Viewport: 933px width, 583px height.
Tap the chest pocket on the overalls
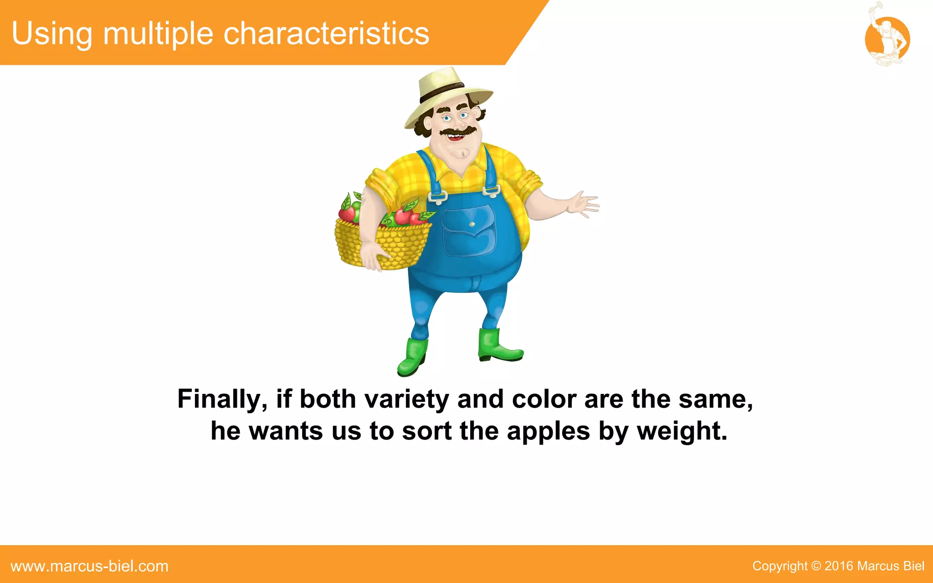coord(469,230)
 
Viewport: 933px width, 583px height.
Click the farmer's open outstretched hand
coord(583,205)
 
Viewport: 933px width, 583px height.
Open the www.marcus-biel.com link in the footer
coord(90,566)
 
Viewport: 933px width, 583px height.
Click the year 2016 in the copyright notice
coord(838,566)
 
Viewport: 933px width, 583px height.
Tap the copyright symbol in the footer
coord(816,566)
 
